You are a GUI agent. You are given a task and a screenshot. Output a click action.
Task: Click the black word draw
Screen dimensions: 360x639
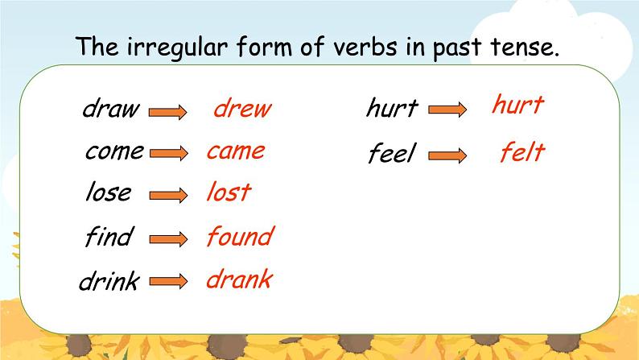click(110, 110)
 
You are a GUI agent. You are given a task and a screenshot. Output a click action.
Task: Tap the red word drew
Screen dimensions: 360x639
click(242, 110)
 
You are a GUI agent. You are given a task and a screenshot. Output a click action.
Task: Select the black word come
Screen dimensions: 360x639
click(114, 151)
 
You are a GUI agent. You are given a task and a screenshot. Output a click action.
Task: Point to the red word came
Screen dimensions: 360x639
click(235, 151)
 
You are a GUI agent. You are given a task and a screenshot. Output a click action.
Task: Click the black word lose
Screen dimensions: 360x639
click(108, 192)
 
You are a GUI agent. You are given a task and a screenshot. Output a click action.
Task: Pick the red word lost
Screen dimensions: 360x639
click(228, 192)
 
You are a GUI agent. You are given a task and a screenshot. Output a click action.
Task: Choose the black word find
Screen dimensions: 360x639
click(109, 237)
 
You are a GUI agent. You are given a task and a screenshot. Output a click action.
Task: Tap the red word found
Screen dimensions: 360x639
click(239, 237)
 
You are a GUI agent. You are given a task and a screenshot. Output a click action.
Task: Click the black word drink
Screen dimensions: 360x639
click(109, 282)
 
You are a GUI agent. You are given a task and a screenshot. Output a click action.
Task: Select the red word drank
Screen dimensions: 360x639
click(239, 279)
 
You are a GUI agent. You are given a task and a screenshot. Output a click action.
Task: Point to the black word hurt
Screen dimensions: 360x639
click(392, 108)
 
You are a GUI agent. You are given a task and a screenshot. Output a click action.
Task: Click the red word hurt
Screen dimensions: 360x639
click(517, 105)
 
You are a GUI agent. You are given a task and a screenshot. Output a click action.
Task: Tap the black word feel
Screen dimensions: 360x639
click(391, 153)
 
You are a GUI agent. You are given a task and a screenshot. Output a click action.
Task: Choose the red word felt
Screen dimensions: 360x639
click(522, 151)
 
